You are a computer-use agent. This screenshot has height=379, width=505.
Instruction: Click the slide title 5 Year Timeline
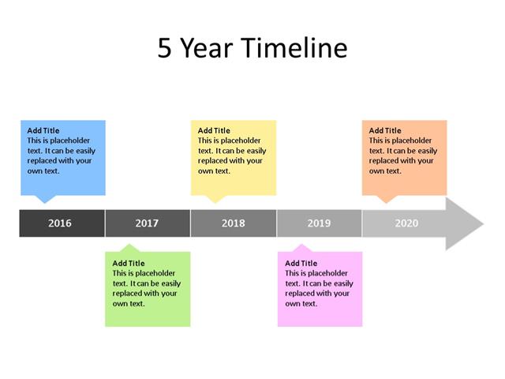point(252,49)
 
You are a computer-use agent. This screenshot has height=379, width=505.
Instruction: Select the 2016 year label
point(60,223)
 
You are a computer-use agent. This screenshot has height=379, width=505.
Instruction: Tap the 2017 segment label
point(147,223)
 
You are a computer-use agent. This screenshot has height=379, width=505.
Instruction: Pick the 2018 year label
point(233,223)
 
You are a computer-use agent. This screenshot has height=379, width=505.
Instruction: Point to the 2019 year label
point(319,223)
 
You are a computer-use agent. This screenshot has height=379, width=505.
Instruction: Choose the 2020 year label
point(406,223)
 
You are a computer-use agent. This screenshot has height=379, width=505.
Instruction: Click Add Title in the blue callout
point(43,131)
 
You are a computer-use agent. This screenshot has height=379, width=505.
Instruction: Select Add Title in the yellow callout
point(214,131)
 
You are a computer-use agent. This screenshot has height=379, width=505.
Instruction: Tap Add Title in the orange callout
point(385,131)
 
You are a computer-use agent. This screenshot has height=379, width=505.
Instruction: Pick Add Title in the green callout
point(129,264)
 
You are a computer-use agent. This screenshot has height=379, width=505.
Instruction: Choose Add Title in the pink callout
point(301,264)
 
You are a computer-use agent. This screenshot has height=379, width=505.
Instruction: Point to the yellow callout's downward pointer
point(215,199)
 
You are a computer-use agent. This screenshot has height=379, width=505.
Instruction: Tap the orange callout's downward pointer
point(387,199)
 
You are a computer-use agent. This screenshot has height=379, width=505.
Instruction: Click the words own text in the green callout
point(129,304)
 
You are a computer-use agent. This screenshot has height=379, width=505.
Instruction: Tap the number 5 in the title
point(164,49)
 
